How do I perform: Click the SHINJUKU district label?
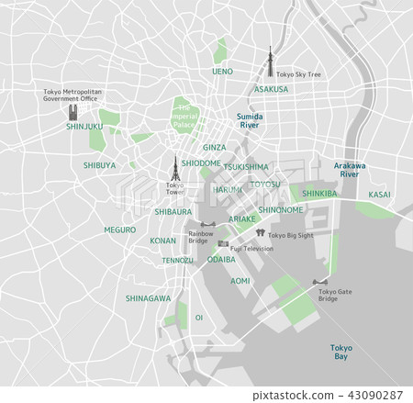[x=84, y=128]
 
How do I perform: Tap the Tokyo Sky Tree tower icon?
[x=270, y=60]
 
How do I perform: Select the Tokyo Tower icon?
[x=173, y=168]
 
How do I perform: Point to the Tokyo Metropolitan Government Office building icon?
[x=72, y=112]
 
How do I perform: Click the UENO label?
[x=222, y=71]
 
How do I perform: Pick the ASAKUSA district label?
[x=271, y=90]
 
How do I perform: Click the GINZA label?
[x=214, y=147]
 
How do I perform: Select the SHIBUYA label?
[x=99, y=165]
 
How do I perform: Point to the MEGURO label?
[x=119, y=229]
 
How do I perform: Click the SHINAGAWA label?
[x=148, y=298]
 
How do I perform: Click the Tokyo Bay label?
[x=341, y=353]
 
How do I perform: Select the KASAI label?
[x=379, y=195]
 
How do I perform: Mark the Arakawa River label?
[x=350, y=169]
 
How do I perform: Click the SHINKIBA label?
[x=320, y=194]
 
